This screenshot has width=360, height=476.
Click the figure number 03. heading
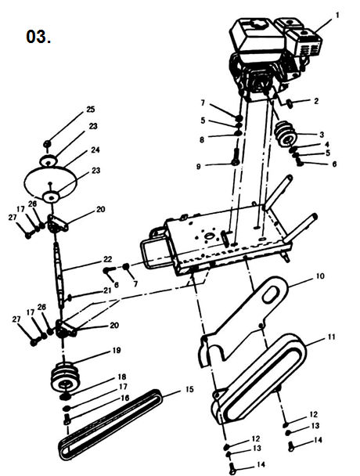(x=38, y=37)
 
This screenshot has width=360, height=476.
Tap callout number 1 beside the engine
(x=337, y=15)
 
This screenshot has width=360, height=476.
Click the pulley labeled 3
(x=285, y=134)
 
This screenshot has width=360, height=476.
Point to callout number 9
(x=199, y=166)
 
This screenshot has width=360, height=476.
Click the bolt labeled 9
(x=236, y=157)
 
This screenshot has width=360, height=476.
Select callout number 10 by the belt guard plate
(x=320, y=276)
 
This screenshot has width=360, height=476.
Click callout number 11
(x=331, y=337)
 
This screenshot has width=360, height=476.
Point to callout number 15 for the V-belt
(x=189, y=389)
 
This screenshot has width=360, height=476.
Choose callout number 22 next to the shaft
(x=108, y=259)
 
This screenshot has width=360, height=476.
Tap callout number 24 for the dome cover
(x=95, y=150)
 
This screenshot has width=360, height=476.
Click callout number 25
(x=91, y=109)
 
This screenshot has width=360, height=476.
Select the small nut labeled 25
(x=47, y=143)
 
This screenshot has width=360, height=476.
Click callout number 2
(x=316, y=101)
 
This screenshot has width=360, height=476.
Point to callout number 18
(x=122, y=377)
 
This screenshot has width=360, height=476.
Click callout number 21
(x=107, y=290)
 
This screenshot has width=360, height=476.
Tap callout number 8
(x=202, y=139)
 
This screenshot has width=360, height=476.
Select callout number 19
(x=117, y=350)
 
